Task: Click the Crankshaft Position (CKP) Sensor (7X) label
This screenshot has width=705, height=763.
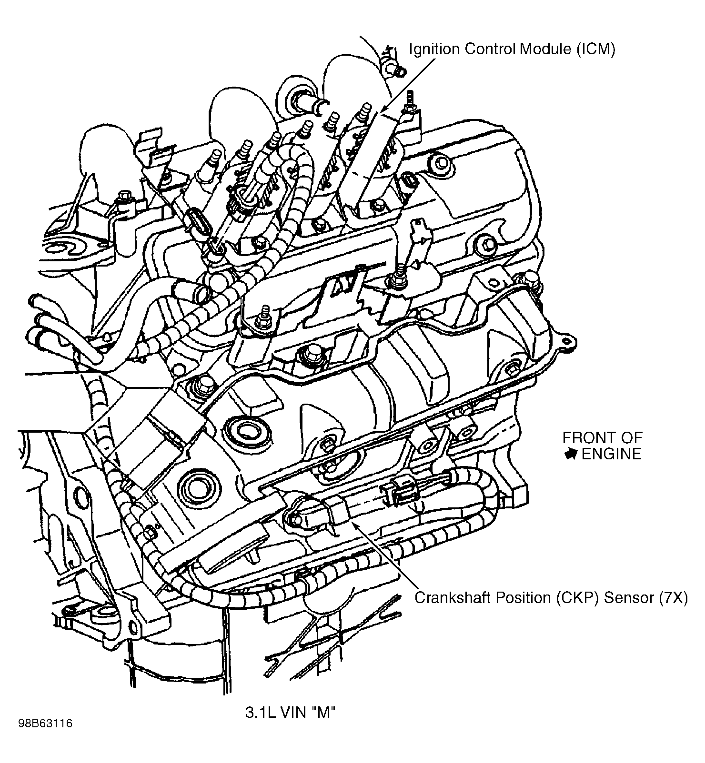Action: [x=551, y=598]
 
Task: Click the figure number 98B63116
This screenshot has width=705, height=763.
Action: [x=45, y=737]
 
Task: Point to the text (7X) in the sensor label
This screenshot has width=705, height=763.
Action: [x=674, y=598]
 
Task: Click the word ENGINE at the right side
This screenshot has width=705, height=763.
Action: [x=611, y=454]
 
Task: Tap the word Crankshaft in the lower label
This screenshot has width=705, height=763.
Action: [x=452, y=598]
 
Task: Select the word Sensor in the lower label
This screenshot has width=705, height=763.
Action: [x=629, y=598]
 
